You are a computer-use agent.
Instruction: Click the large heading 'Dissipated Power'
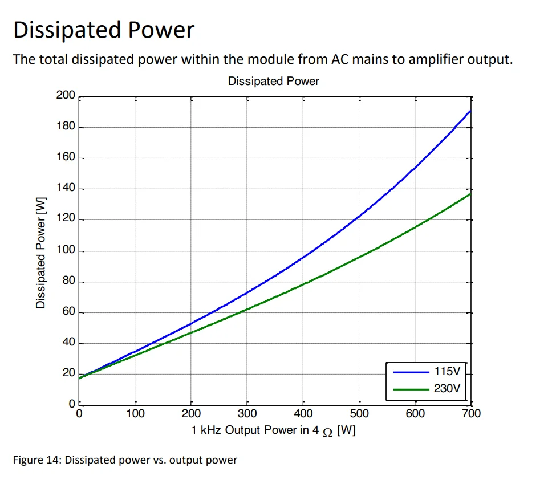104,30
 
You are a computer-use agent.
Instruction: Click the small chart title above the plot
273,81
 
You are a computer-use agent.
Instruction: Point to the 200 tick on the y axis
66,95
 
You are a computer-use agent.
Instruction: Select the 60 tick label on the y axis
68,312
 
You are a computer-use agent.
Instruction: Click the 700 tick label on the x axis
471,413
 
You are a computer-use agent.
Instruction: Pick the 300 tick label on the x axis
247,413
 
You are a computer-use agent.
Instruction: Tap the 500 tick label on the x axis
359,413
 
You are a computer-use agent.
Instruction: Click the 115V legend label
447,372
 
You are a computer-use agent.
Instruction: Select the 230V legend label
447,389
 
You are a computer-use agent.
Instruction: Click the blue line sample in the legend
411,372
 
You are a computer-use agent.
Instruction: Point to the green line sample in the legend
411,389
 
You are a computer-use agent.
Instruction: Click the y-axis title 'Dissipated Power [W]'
41,251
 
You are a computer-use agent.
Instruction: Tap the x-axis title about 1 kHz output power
273,430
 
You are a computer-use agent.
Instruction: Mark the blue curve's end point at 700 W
470,111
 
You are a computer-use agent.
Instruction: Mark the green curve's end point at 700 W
470,194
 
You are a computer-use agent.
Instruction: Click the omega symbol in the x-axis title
327,431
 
